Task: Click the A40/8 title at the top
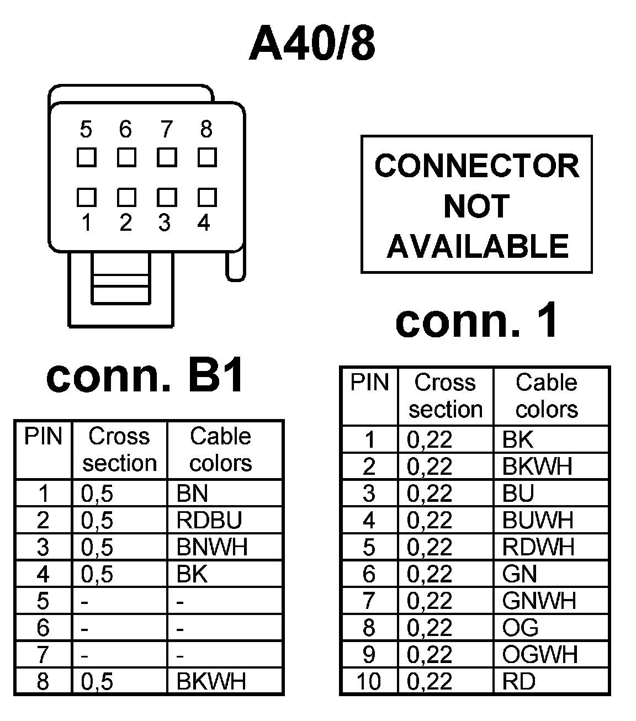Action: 312,44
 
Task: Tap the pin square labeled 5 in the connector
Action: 86,157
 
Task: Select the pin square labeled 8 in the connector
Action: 207,157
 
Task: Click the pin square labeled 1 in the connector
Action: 86,197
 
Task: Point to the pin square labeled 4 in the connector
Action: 207,197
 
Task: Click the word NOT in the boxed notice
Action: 476,206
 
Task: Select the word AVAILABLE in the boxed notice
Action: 477,246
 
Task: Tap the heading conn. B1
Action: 146,377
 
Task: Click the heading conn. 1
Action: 477,321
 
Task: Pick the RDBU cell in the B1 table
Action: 209,520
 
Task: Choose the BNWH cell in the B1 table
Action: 212,547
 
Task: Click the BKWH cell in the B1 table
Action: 211,681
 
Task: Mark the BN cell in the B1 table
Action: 192,494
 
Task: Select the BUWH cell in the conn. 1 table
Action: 538,520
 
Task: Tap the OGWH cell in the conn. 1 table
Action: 540,655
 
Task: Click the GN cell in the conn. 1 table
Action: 520,574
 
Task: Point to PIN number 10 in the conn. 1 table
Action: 368,682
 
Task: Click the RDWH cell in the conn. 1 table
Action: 538,547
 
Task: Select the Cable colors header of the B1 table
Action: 221,449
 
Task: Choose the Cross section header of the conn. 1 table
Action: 445,396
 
